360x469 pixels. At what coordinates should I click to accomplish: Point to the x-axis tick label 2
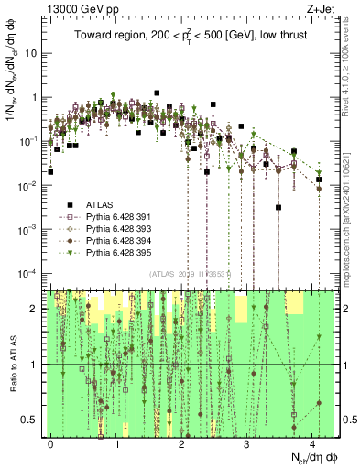(x=182, y=443)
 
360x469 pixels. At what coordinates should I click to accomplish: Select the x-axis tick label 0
(x=51, y=443)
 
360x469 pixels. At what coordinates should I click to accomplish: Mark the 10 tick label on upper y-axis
(x=33, y=53)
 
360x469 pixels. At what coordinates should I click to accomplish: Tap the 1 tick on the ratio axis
(x=37, y=365)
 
